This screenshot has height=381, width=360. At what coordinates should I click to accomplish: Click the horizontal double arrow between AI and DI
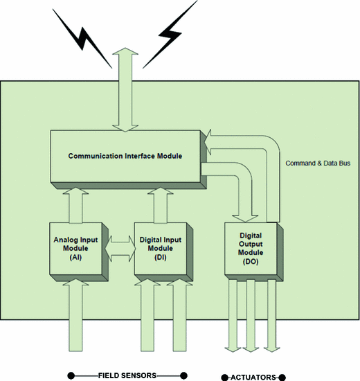120,247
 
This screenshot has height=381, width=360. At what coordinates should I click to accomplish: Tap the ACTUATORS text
253,376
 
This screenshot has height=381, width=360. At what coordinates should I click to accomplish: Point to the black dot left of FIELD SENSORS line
70,375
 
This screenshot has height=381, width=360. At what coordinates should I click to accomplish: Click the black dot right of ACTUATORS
282,376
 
